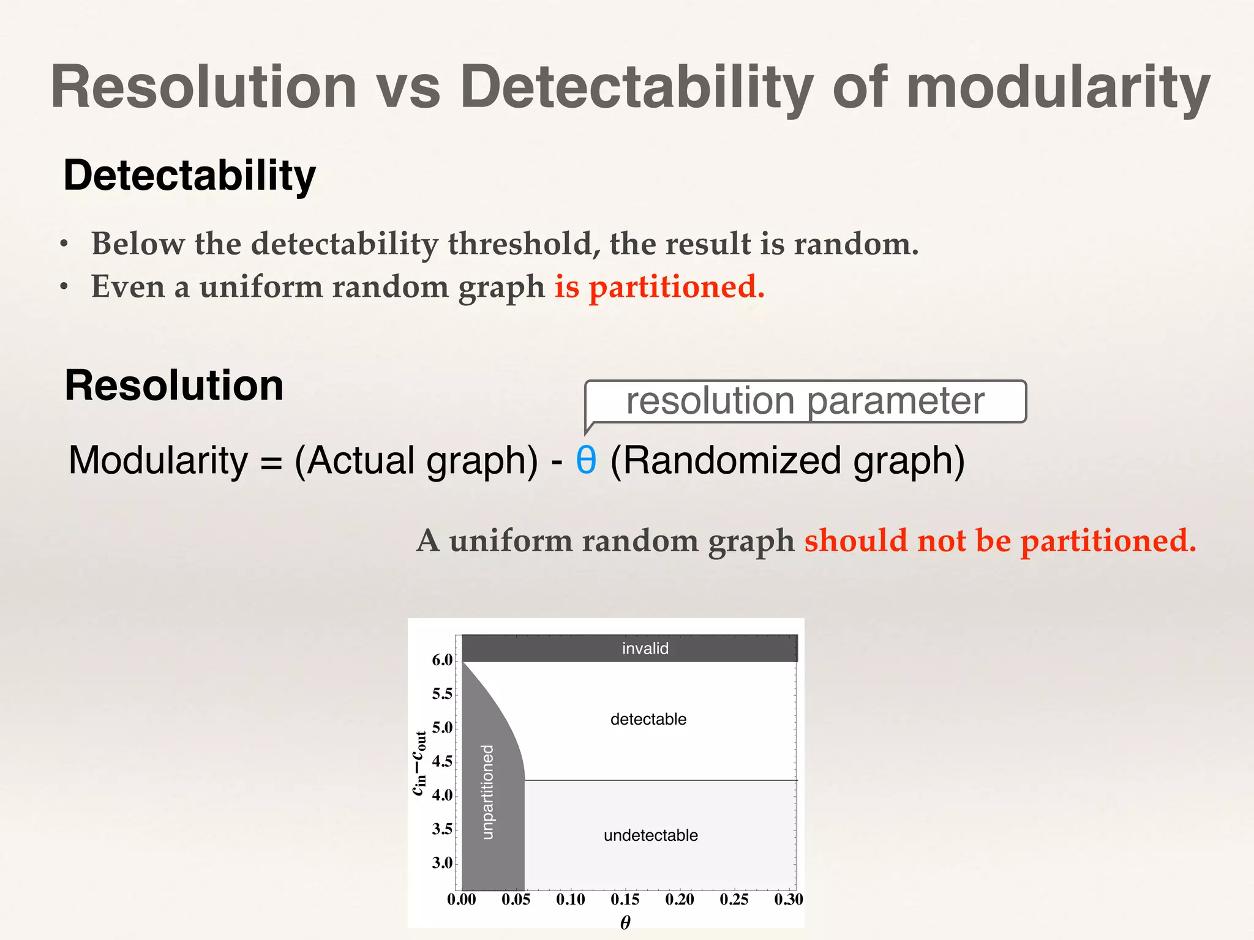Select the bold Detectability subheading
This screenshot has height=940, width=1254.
(x=189, y=176)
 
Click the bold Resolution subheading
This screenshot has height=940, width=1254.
(x=174, y=386)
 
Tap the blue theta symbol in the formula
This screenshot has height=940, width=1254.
(x=586, y=460)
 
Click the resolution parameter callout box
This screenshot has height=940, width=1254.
(x=805, y=401)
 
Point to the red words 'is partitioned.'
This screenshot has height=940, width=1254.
(x=659, y=286)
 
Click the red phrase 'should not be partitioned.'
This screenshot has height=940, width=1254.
(x=1000, y=540)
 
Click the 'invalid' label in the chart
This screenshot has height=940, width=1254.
(x=645, y=649)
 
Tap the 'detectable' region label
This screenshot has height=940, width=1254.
(x=648, y=719)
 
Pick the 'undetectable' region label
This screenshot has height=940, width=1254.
(x=650, y=835)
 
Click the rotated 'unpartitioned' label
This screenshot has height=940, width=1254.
(x=487, y=792)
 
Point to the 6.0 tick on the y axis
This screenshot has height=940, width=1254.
(x=442, y=660)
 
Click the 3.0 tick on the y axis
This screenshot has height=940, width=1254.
(x=442, y=863)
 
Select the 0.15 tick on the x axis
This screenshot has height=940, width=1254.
(x=625, y=899)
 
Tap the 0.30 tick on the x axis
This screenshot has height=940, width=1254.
(x=788, y=899)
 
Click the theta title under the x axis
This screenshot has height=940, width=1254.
(x=625, y=922)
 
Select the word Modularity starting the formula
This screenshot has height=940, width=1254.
(x=158, y=460)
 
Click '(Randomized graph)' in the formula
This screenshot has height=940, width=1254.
(x=787, y=460)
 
